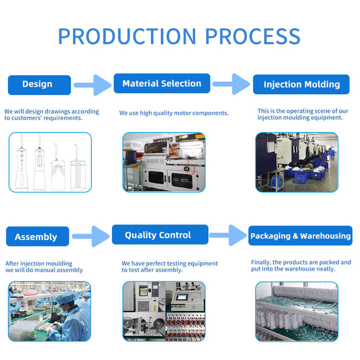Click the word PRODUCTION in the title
coord(127,36)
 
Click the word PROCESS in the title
coord(253,36)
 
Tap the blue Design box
coord(39,85)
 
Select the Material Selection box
coord(162,83)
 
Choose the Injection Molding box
coord(301,84)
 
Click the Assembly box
coord(37,236)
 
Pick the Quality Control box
coord(160,234)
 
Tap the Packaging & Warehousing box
coord(300,235)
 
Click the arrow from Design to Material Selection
coord(92,85)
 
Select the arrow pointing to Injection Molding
coord(231,84)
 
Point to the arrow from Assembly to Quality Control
coord(91,236)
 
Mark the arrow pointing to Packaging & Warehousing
coord(228,235)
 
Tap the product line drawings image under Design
coord(50,162)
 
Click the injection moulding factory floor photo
coord(297,162)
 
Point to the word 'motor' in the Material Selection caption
coord(182,113)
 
